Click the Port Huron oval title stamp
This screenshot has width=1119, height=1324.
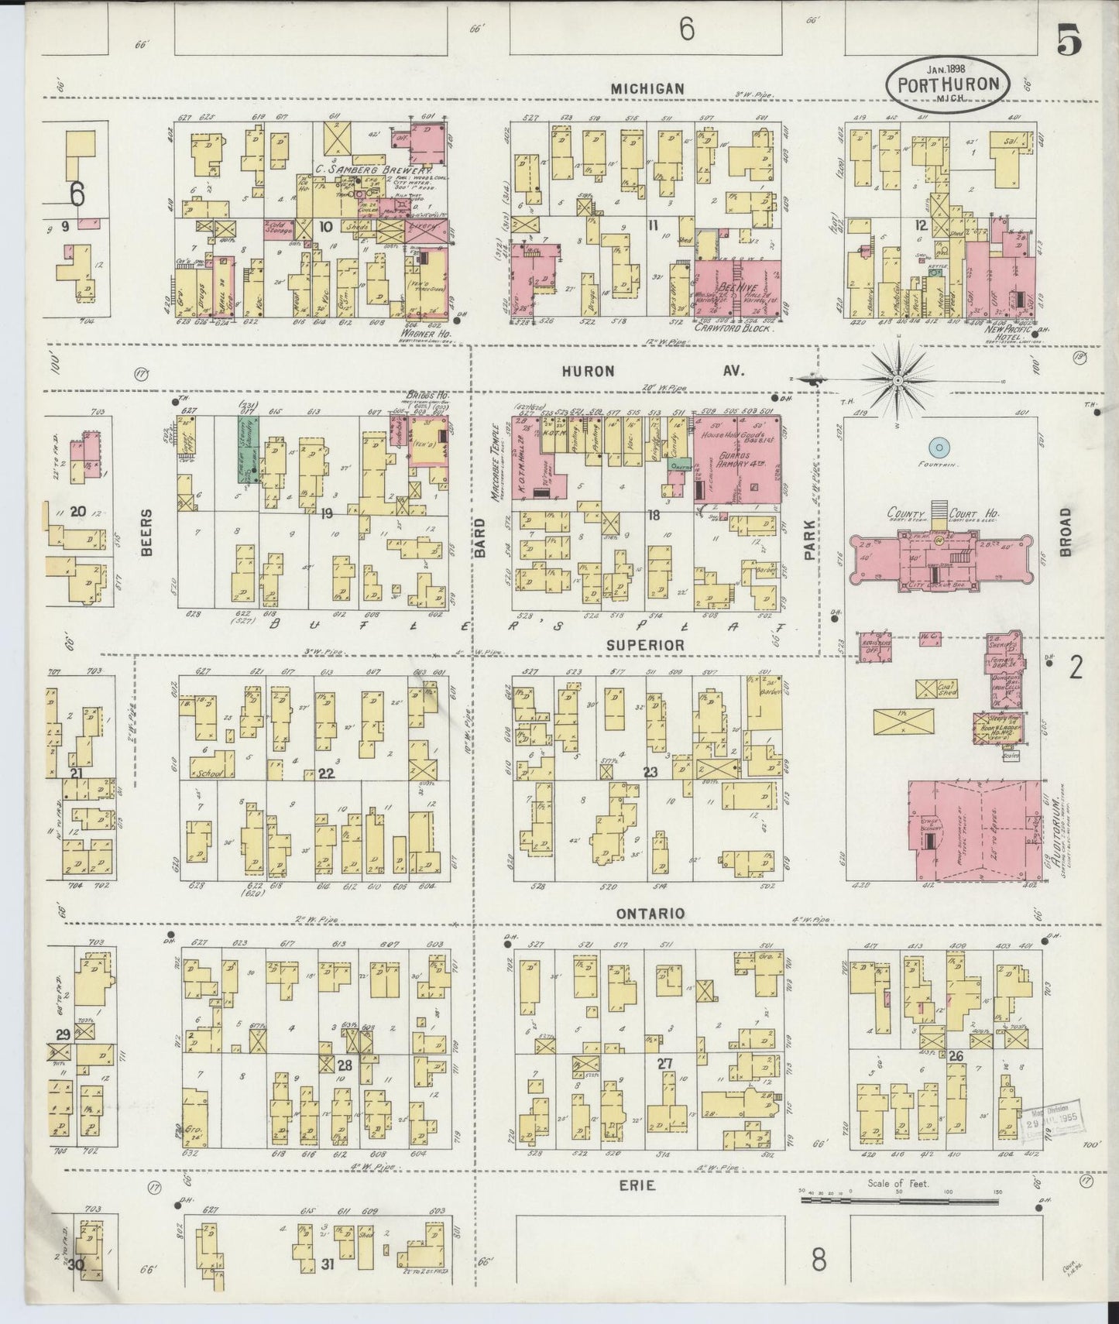[947, 83]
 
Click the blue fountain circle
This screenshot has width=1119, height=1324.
[939, 447]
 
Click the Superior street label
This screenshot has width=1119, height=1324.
[645, 644]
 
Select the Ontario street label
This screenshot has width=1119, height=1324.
[650, 914]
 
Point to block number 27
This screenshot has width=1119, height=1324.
[664, 1064]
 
